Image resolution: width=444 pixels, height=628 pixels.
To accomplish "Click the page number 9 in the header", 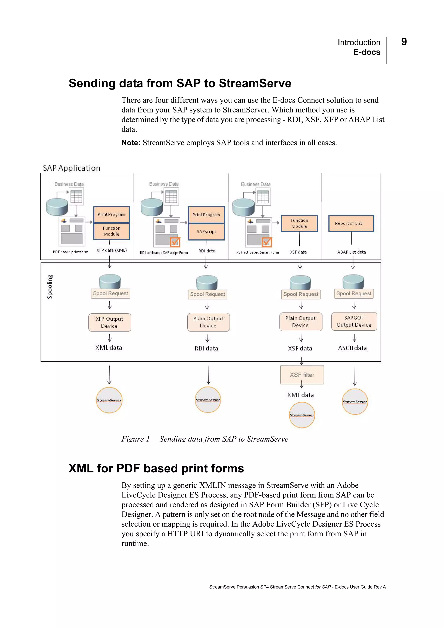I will point(404,42).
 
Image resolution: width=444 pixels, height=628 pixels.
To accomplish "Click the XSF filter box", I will point(302,375).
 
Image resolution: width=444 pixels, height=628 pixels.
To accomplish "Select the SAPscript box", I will point(206,232).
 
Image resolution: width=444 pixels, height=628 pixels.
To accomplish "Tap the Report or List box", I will point(351,223).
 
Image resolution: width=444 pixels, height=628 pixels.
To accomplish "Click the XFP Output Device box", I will point(109,322).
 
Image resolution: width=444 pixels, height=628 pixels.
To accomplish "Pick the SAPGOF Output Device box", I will point(354,321).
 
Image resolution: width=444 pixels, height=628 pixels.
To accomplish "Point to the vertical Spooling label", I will point(50,286).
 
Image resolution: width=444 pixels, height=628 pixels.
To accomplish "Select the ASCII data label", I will point(352,348).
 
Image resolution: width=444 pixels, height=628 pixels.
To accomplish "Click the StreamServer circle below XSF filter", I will point(302,415).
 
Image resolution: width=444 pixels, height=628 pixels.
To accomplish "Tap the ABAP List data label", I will point(351,252).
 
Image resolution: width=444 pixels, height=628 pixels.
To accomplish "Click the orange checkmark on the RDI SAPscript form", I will point(175,242).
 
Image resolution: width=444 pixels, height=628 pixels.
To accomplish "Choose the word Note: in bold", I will point(131,143).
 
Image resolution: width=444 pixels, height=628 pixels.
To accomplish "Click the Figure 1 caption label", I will point(135,439).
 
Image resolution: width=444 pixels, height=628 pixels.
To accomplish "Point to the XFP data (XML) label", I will point(111,250).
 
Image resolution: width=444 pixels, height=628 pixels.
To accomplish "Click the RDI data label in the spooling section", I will point(206,348).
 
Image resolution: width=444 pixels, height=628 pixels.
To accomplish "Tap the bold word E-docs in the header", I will point(367,52).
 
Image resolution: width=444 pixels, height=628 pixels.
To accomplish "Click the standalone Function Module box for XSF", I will point(299,223).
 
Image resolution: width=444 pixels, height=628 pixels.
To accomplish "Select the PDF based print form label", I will point(71,252).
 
